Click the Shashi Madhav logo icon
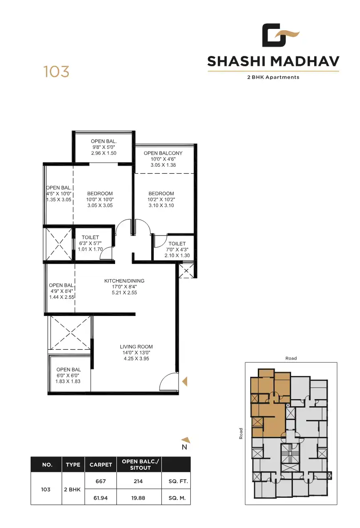[280, 36]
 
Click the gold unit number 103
[56, 72]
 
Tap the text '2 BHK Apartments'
[273, 77]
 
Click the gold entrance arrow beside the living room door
[185, 381]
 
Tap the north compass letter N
[184, 447]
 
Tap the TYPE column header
[73, 465]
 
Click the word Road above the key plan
[291, 358]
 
